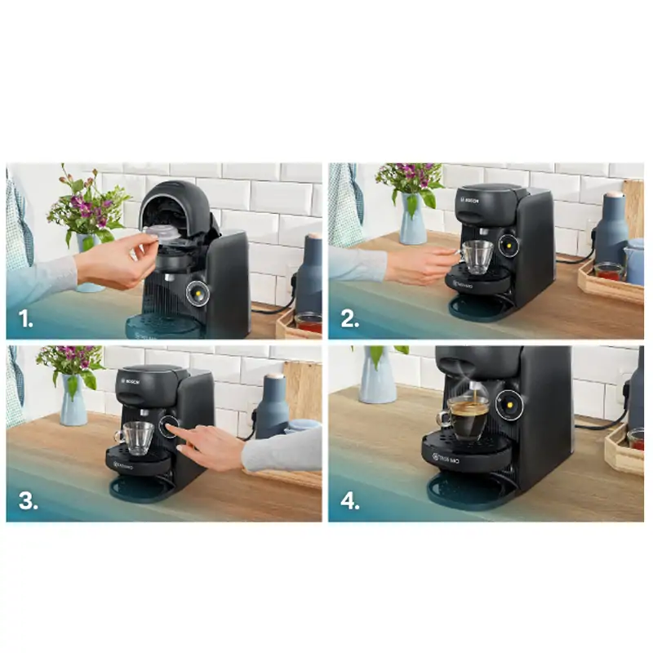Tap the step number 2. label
pos(350,319)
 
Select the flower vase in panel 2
pos(412,220)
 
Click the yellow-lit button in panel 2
pos(509,246)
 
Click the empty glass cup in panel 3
pos(138,438)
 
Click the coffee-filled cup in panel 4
pos(469,421)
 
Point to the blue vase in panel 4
pos(378,376)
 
